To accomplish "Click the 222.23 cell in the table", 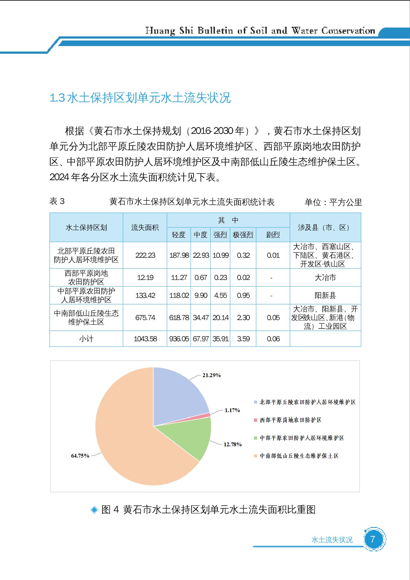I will pos(145,255).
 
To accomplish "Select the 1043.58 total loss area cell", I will pos(145,339).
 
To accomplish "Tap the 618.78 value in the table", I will pos(179,318).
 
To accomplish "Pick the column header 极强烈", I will pos(243,235).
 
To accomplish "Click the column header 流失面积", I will pos(145,227).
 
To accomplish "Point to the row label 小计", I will pos(86,339).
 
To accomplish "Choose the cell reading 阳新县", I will pos(325,296).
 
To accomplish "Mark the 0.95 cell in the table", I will pos(243,296).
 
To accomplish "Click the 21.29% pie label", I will pos(212,375).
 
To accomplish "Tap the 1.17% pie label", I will pos(232,410).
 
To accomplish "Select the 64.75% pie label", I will pos(80,456).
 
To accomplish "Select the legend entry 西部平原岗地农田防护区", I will pos(290,420).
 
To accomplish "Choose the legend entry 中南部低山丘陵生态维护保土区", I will pos(299,456).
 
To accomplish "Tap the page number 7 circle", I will pos(373,539).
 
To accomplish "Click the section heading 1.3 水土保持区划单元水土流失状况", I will pos(140,98).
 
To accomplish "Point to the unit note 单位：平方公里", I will pos(333,202).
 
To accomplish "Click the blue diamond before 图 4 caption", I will pos(94,510).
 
